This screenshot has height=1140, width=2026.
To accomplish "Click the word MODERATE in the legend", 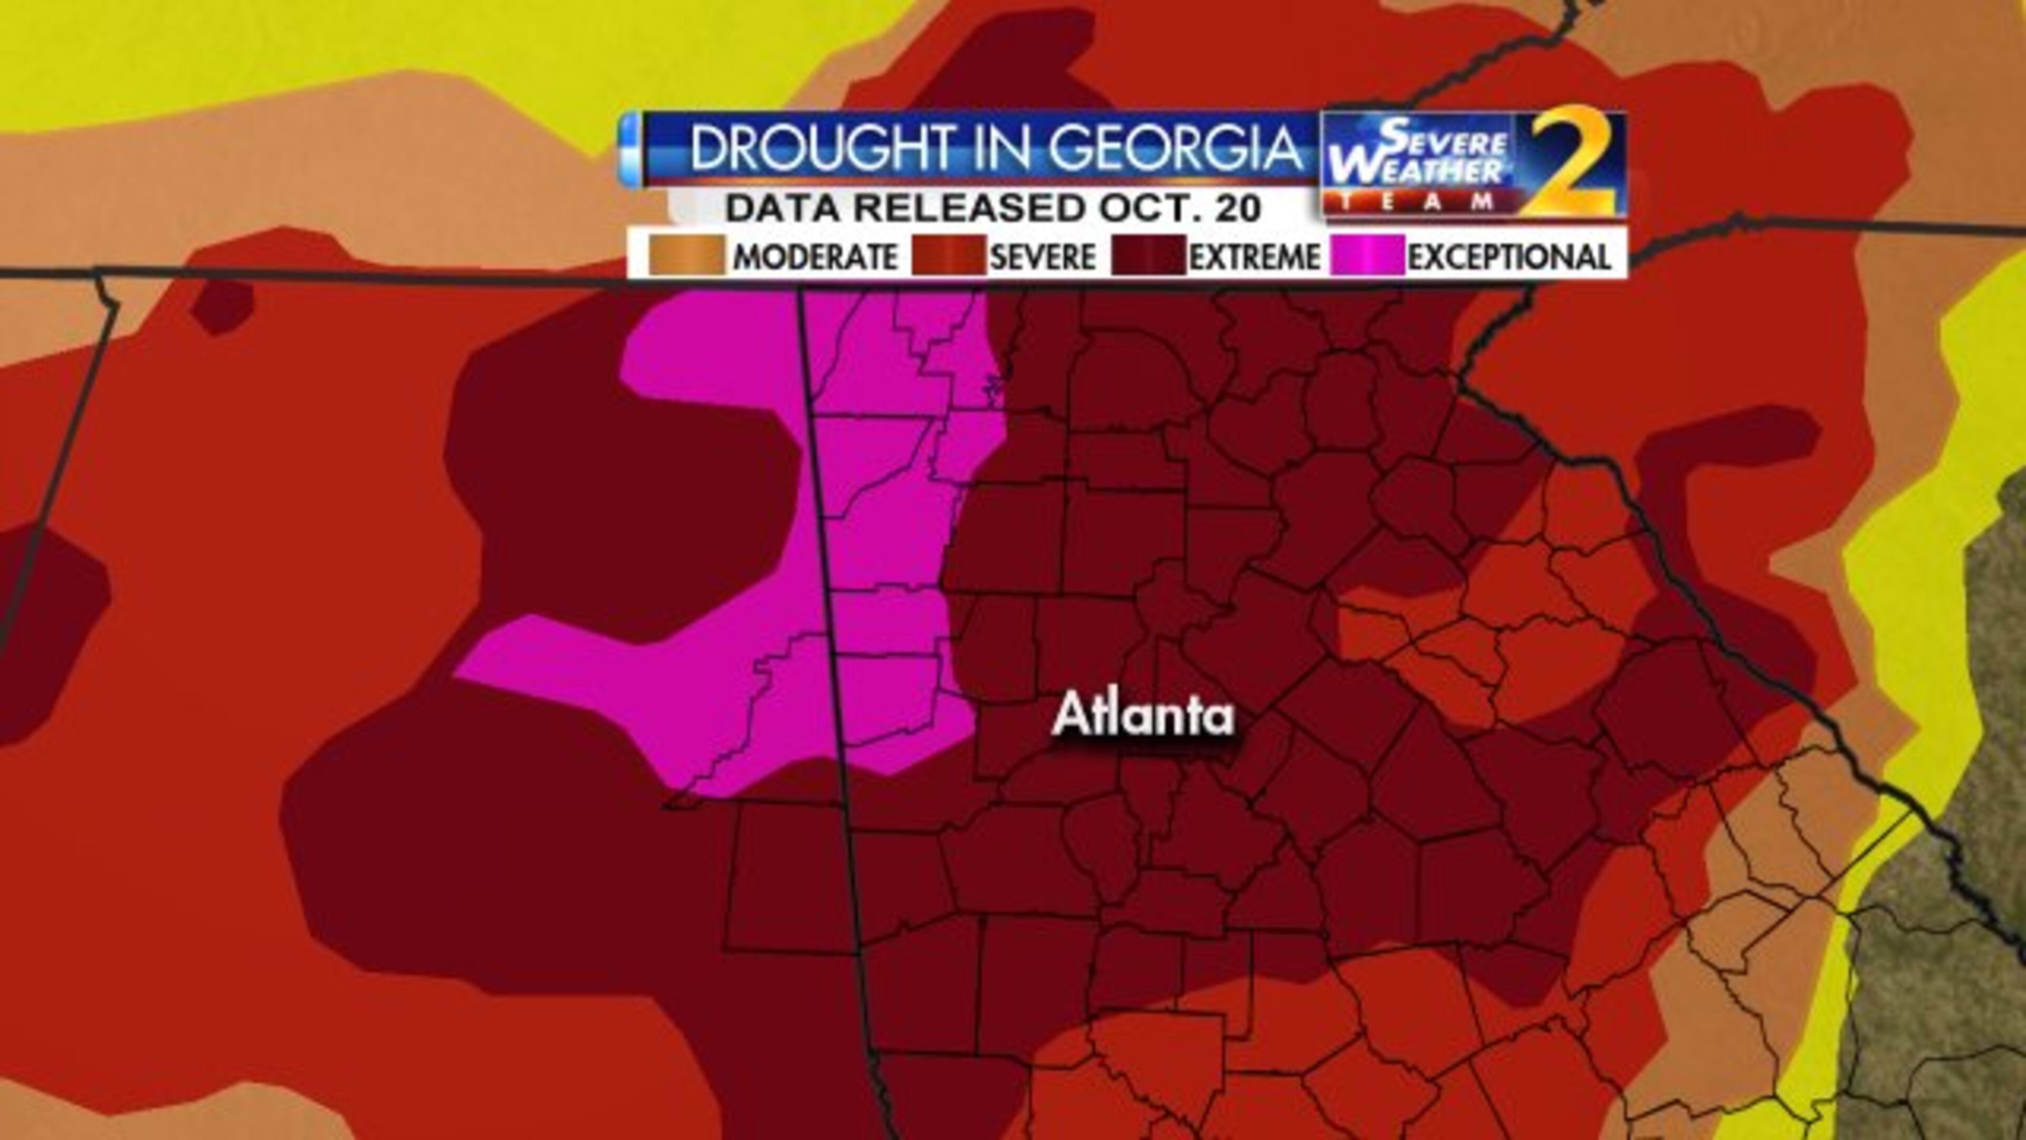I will (x=815, y=257).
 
